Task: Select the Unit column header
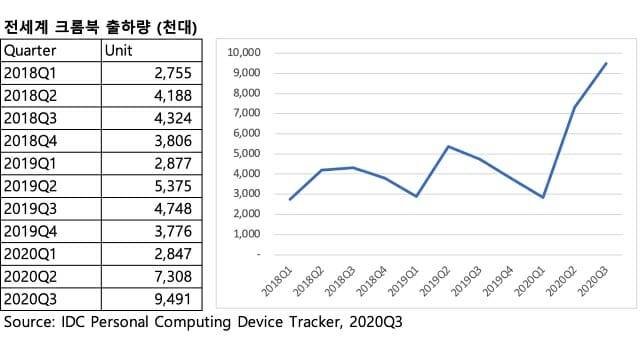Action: pos(119,50)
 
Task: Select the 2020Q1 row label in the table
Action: pos(33,253)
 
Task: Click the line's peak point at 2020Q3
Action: pos(606,63)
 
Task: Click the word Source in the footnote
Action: pos(31,323)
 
